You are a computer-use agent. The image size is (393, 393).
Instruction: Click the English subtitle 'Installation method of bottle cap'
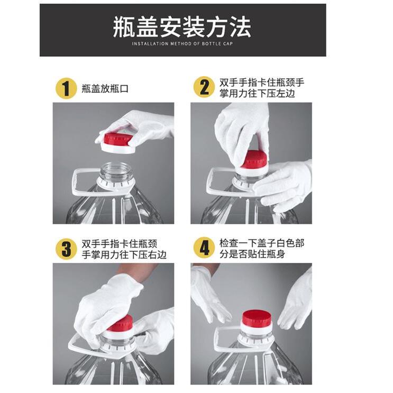(x=182, y=44)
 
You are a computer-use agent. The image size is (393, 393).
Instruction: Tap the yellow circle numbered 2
(x=204, y=87)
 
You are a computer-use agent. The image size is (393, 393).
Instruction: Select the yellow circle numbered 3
(x=66, y=249)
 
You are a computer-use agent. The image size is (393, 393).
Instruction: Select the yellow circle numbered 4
(x=204, y=248)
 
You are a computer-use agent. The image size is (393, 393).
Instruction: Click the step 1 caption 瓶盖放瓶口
(x=105, y=88)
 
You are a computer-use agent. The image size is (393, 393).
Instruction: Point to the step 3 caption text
(x=124, y=249)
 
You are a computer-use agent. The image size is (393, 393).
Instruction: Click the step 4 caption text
(x=261, y=248)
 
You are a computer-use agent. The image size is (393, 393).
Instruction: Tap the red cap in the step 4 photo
(x=257, y=318)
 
